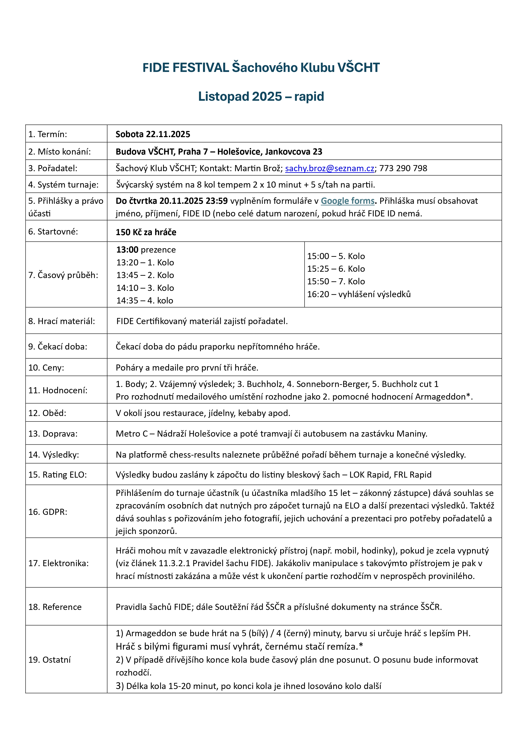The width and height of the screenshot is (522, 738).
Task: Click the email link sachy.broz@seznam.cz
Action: (330, 168)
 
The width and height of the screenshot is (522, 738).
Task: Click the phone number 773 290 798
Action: (403, 168)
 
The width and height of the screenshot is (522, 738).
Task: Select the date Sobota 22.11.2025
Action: (153, 134)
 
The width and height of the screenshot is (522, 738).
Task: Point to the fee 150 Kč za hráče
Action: (146, 232)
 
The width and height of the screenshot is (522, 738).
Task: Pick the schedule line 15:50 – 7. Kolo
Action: (336, 282)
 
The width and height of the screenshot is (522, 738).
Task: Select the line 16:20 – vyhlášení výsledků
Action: (359, 294)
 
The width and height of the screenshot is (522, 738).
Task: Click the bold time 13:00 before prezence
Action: (127, 250)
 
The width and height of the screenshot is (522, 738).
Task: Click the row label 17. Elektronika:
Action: (58, 563)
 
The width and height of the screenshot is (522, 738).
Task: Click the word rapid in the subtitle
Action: (309, 96)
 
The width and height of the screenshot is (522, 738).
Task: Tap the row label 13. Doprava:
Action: (53, 434)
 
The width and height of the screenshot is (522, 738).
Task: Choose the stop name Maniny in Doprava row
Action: (411, 434)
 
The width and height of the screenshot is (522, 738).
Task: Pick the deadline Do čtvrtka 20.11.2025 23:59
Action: (172, 201)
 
